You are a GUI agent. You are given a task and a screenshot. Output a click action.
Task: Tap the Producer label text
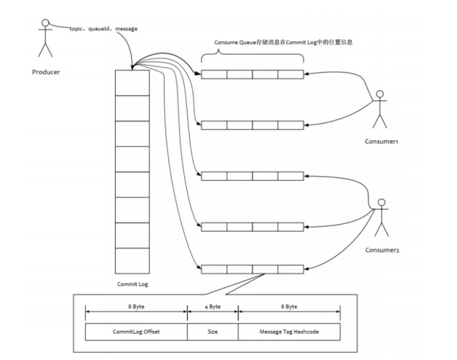[x=45, y=72]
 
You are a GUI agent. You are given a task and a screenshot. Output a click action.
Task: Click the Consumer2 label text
[x=383, y=250]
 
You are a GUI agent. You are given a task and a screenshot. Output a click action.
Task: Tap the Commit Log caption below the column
[x=131, y=284]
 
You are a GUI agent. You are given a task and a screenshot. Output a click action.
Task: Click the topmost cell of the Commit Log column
[x=131, y=83]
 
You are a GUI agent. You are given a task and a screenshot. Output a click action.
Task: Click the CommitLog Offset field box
[x=136, y=332]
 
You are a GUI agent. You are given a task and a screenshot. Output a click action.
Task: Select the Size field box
[x=213, y=332]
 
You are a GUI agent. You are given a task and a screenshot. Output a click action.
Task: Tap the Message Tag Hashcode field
[x=289, y=332]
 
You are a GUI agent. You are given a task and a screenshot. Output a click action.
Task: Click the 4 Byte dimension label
[x=213, y=307]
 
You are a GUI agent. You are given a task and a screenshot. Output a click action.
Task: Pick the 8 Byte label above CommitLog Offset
[x=136, y=307]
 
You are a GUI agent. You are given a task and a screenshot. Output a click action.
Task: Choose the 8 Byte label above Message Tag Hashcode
[x=289, y=307]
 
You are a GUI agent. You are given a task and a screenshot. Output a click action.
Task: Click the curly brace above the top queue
[x=253, y=55]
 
